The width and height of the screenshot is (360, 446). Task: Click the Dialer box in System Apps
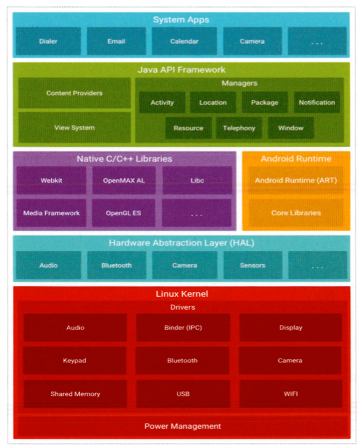48,42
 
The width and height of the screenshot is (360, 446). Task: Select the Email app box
116,42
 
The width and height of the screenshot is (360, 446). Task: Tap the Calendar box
184,42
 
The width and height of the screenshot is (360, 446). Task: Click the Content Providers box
74,93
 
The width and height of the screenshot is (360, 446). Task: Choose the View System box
74,128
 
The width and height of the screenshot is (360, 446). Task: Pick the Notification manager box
317,102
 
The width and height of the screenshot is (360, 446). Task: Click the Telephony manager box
239,128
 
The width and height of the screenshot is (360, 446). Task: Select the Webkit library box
51,180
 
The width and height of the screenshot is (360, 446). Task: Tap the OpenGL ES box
123,213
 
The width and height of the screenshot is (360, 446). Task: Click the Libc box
197,180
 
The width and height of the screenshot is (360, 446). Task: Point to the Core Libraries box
296,213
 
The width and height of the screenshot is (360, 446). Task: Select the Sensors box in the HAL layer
252,265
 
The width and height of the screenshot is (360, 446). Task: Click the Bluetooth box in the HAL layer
116,265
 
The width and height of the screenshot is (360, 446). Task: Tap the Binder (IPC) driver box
183,328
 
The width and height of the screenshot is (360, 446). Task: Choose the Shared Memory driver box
75,394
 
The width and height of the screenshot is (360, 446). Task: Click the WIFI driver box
290,394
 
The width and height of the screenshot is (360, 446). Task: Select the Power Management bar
182,427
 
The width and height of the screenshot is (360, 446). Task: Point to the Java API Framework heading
181,70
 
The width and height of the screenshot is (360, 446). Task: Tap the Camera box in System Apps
252,42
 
